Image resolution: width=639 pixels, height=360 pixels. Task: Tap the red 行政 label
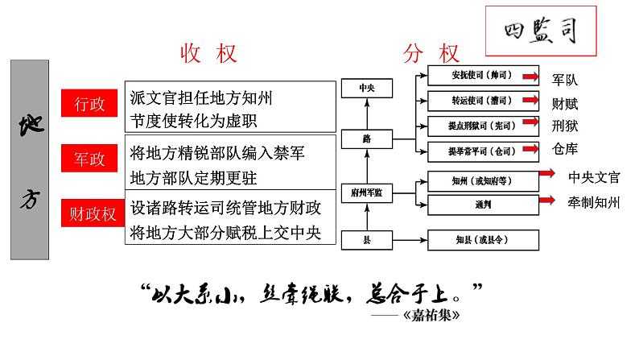point(89,105)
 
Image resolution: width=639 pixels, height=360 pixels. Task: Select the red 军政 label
point(89,159)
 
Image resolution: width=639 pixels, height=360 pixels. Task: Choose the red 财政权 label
point(89,213)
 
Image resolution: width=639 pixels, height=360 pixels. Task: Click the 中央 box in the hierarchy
point(367,88)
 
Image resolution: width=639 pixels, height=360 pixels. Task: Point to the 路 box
point(367,139)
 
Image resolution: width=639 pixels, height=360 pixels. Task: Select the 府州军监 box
point(367,193)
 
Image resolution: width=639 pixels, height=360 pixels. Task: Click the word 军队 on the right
point(566,81)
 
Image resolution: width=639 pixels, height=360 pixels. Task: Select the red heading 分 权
point(431,55)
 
